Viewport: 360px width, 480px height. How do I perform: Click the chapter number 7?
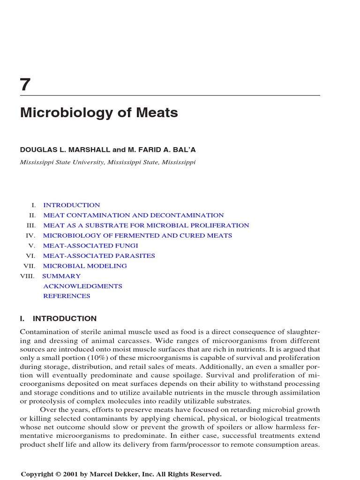(x=25, y=85)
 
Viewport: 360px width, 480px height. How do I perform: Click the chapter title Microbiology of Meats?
(x=99, y=113)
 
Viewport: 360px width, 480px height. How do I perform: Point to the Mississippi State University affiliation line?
(x=107, y=162)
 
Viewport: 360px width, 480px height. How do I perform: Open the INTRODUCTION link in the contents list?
(x=71, y=205)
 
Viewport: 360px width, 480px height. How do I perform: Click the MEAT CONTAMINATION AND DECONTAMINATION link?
(x=133, y=216)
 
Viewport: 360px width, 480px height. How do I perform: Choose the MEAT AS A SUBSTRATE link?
(x=146, y=225)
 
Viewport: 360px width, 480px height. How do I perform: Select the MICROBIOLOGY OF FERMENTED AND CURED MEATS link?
(x=137, y=236)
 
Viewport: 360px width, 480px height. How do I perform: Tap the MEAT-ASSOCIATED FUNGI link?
(x=90, y=246)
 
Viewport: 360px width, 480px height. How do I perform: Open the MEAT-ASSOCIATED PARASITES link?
(x=99, y=256)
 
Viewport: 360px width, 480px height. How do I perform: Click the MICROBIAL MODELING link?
(x=85, y=266)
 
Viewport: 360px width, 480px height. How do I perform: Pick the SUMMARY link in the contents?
(x=61, y=277)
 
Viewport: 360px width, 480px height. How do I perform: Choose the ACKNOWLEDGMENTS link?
(x=82, y=286)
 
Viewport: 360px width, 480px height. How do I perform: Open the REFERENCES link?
(x=67, y=296)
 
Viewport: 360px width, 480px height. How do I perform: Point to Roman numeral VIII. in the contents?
(x=27, y=277)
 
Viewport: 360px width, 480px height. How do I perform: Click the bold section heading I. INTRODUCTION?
(x=58, y=319)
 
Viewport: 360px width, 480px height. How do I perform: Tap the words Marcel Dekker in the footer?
(x=111, y=474)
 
